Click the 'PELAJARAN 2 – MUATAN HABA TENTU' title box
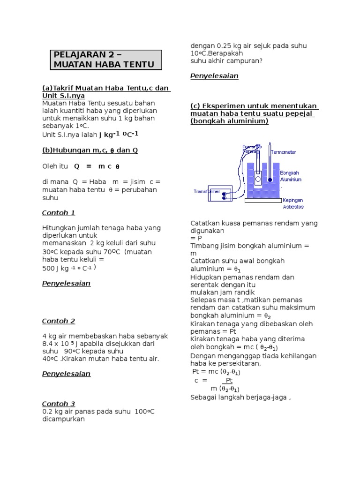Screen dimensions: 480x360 [x=106, y=60]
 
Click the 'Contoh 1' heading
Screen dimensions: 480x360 [x=59, y=213]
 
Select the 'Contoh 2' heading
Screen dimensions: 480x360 [x=59, y=321]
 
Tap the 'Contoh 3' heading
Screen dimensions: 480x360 [x=59, y=404]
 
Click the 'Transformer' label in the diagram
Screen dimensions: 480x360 [x=206, y=191]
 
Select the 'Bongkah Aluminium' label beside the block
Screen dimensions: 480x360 [x=291, y=176]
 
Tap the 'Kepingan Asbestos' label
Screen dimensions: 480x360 [x=293, y=203]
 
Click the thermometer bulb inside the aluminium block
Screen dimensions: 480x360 [x=270, y=179]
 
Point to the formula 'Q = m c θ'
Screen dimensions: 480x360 [x=97, y=166]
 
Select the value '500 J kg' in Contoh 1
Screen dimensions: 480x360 [x=55, y=269]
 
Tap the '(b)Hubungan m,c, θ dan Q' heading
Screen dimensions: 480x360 [x=90, y=150]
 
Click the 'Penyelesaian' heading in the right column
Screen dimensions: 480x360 [x=214, y=76]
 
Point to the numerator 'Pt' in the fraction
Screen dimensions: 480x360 [x=229, y=381]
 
